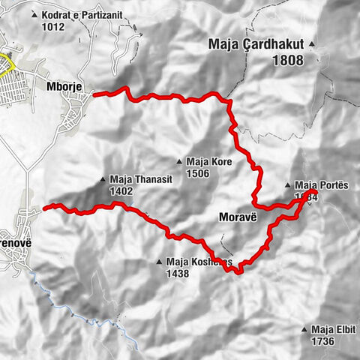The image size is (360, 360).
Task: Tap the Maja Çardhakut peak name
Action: (255, 46)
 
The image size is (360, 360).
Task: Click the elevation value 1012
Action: (53, 27)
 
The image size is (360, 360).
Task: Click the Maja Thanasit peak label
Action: (133, 179)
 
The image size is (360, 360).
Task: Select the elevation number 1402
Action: (121, 191)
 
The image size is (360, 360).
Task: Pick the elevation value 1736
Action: (322, 342)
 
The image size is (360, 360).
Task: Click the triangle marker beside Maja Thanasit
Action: (103, 179)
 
